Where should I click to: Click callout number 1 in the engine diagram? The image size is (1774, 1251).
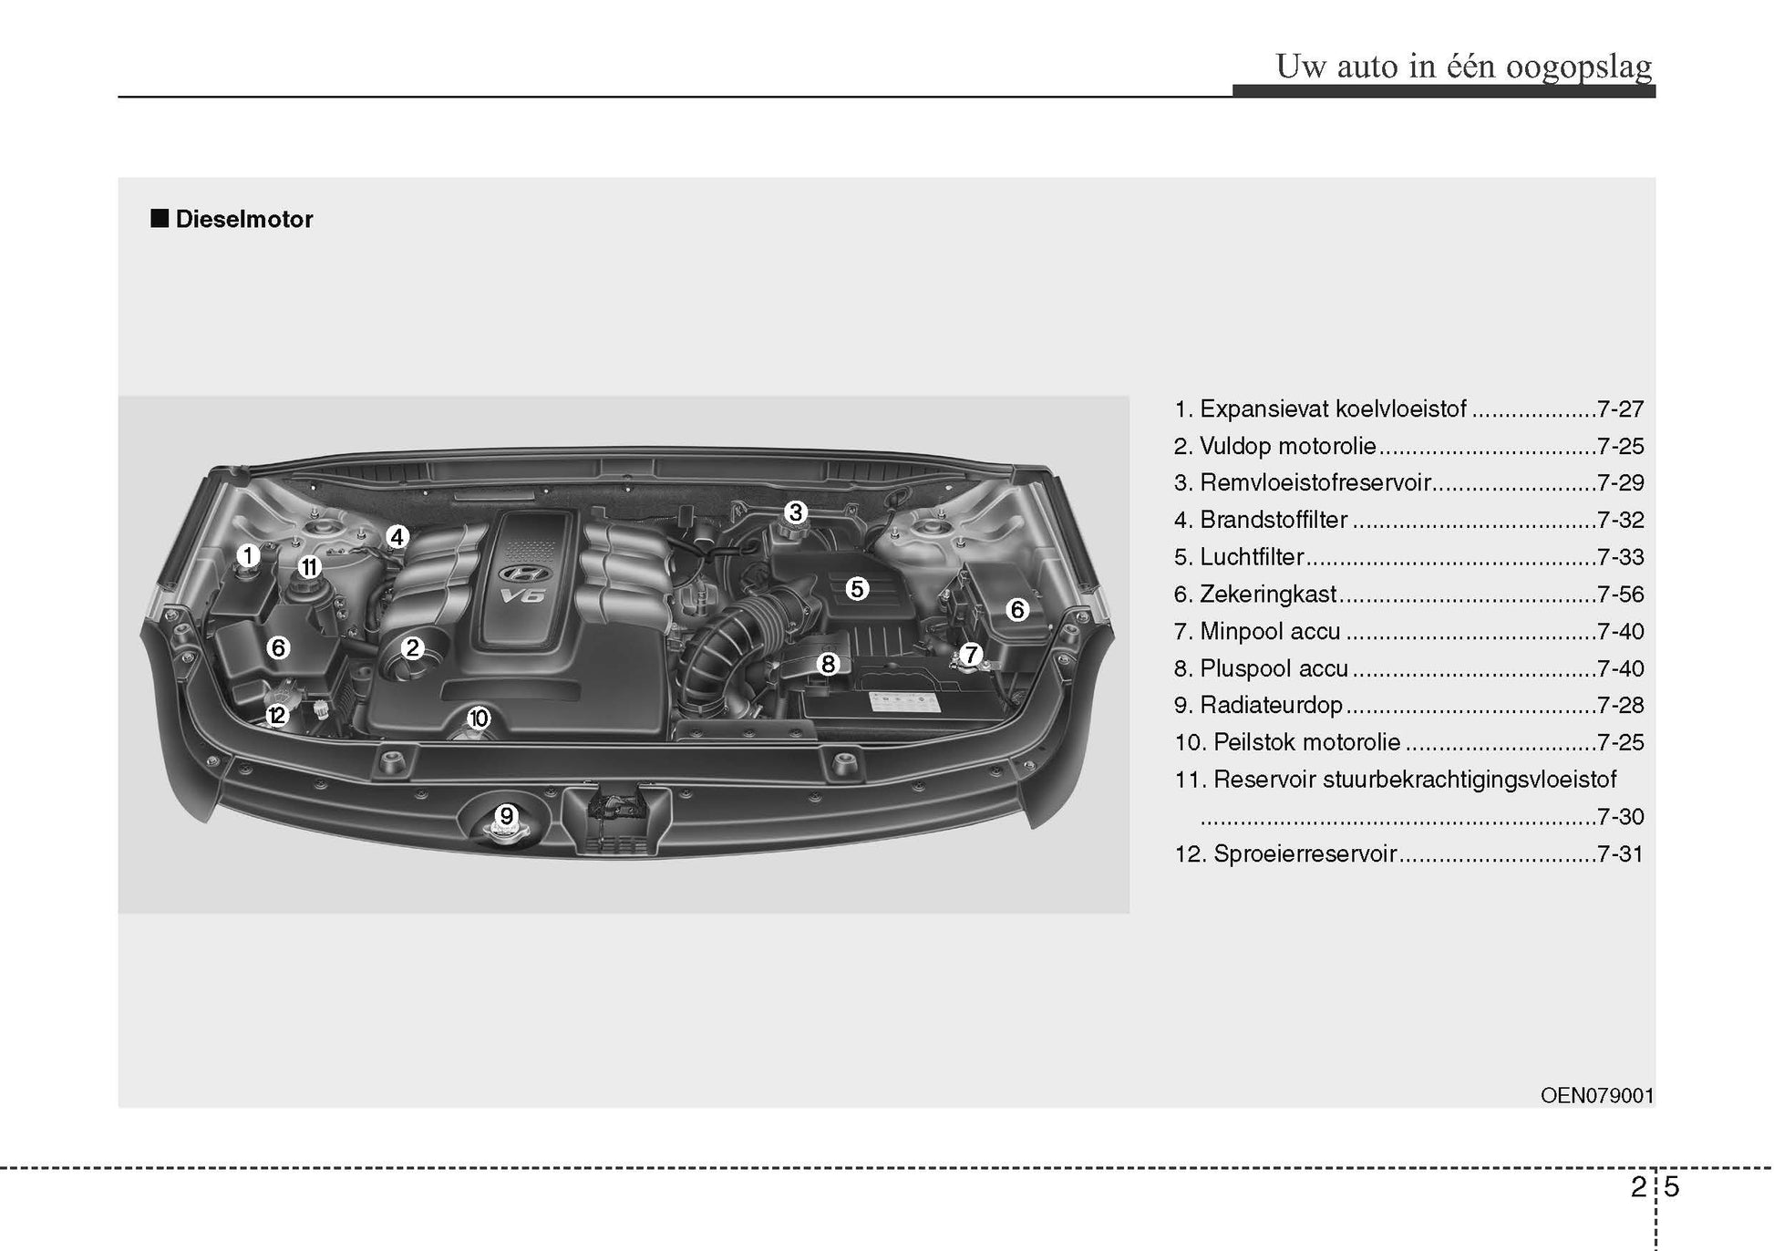tap(247, 554)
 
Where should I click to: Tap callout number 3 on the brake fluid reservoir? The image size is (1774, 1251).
tap(795, 512)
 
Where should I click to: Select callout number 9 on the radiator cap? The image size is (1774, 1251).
tap(506, 815)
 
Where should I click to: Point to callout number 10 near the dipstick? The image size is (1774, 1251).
tap(479, 719)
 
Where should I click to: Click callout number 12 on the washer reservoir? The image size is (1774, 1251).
tap(277, 716)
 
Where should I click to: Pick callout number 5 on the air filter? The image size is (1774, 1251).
tap(856, 589)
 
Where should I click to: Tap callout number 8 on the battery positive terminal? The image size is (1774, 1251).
tap(828, 664)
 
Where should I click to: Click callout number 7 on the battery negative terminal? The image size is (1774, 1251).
tap(970, 654)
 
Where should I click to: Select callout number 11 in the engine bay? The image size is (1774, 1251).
tap(310, 567)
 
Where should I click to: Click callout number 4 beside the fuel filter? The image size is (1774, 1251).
tap(397, 537)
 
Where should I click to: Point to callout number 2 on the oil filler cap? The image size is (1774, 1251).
tap(412, 648)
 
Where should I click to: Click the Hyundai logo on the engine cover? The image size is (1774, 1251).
tap(521, 574)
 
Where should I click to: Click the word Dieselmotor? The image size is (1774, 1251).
tap(244, 219)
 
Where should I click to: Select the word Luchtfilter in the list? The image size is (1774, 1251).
tap(1252, 557)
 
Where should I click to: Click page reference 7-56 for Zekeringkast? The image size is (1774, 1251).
tap(1620, 594)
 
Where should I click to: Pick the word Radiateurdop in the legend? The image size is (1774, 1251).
tap(1271, 706)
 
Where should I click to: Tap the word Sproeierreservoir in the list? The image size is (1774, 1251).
tap(1305, 854)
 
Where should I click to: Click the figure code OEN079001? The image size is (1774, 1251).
tap(1597, 1095)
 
